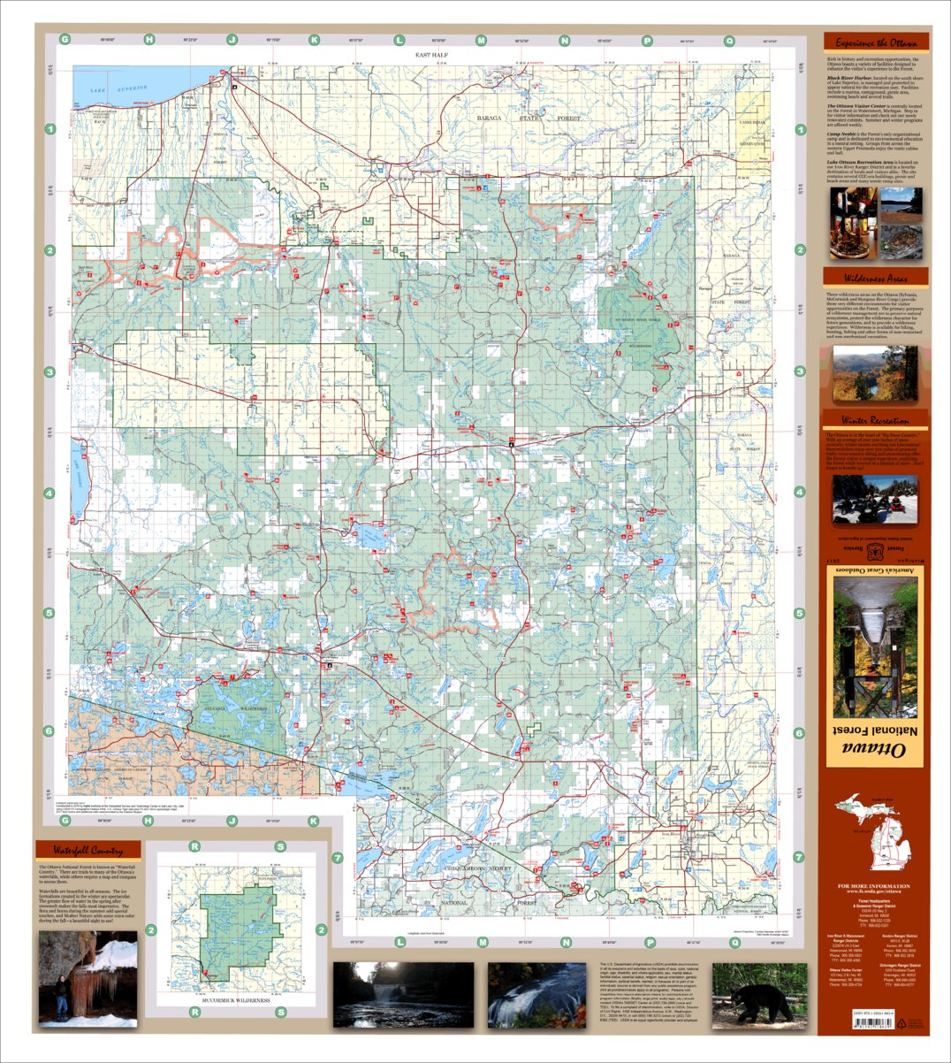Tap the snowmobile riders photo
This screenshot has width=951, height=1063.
coord(874,502)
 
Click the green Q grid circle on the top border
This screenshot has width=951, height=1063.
coord(729,40)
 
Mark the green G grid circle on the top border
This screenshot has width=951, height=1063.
coord(65,40)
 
